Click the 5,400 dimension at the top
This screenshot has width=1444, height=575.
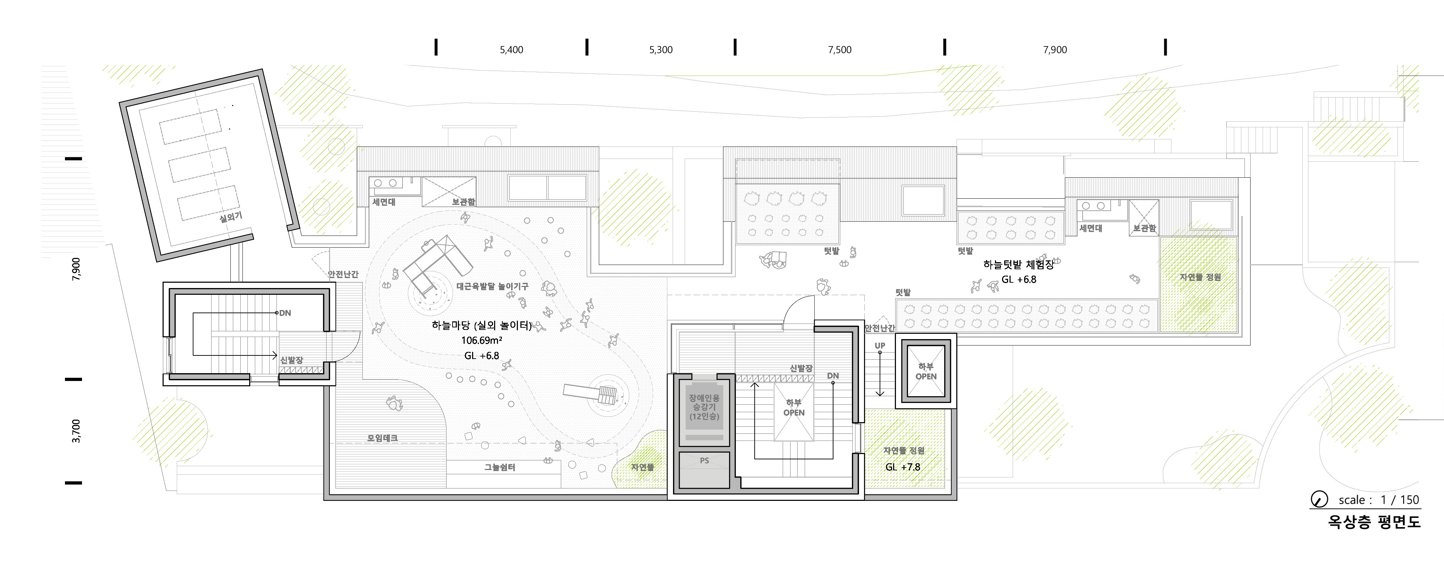511,50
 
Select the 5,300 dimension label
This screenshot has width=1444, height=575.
661,50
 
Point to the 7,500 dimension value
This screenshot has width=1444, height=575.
840,50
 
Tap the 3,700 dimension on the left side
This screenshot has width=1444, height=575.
76,431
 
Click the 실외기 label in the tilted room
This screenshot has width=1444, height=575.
230,217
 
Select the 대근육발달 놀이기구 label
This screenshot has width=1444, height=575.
492,286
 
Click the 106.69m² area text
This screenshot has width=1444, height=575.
482,340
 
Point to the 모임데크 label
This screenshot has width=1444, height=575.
382,438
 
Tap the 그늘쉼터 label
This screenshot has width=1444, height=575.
499,467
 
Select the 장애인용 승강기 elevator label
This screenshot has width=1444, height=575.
704,407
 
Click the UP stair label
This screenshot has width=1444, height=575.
880,346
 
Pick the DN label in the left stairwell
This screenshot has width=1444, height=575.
285,313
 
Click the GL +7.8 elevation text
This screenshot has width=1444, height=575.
902,467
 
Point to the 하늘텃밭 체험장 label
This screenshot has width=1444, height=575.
1018,265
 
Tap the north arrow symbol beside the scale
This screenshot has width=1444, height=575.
1319,499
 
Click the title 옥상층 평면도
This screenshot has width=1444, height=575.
1374,522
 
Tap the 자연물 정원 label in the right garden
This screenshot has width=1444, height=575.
1200,277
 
